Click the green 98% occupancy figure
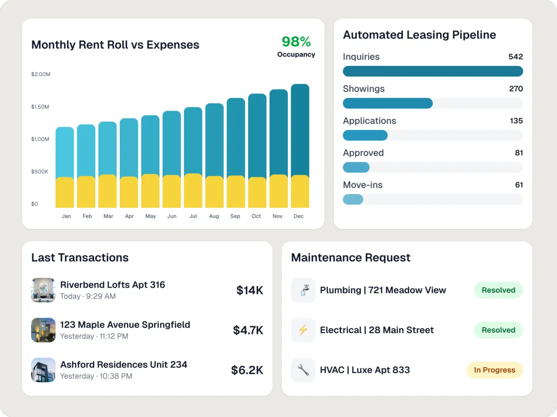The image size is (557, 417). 296,42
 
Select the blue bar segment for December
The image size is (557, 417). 300,130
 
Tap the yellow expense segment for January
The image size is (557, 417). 65,192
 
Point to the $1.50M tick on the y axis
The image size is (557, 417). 40,107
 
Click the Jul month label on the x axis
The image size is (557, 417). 193,216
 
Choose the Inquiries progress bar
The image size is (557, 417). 433,71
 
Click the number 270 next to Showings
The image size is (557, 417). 516,89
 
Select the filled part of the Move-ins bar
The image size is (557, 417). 353,199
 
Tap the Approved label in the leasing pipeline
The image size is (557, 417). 363,153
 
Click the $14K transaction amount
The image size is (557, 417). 250,290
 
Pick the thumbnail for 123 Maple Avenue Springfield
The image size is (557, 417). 43,330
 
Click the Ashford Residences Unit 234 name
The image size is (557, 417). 123,365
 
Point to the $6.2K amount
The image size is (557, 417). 247,370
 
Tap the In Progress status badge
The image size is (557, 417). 494,370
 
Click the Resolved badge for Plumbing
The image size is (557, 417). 498,290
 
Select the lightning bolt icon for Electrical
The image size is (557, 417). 303,330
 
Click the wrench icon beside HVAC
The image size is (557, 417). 303,370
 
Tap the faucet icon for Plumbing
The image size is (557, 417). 303,290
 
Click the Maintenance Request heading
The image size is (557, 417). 350,258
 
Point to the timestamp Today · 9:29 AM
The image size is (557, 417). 88,296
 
